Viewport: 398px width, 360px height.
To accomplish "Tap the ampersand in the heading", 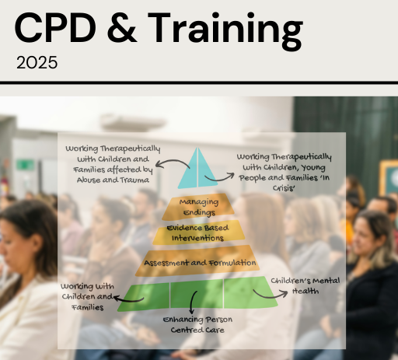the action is [x=122, y=27].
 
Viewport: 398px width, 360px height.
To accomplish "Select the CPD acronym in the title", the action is [x=55, y=27].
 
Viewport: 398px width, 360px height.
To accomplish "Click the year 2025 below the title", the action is [x=37, y=62].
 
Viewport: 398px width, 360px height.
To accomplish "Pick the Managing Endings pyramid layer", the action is [x=198, y=207].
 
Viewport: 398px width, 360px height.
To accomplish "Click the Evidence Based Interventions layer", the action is [x=198, y=232].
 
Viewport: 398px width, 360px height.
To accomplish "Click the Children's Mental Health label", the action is [x=305, y=286].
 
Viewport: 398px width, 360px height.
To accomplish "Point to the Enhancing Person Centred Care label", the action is [x=197, y=324].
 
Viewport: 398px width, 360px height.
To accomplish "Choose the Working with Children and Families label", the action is [x=87, y=297].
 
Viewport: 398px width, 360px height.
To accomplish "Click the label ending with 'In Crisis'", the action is [x=284, y=172].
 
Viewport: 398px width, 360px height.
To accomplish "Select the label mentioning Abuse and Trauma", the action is [x=113, y=164].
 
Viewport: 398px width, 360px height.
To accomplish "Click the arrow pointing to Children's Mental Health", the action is [x=270, y=295].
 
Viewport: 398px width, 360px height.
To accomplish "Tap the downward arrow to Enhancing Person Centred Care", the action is [x=192, y=303].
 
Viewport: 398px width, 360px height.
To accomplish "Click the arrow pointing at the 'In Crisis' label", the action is [x=220, y=179].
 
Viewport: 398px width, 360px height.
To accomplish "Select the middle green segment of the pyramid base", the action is [x=197, y=295].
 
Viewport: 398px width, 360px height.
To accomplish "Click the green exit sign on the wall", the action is [x=25, y=165].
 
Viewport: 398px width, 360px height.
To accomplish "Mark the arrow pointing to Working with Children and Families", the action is [x=128, y=300].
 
